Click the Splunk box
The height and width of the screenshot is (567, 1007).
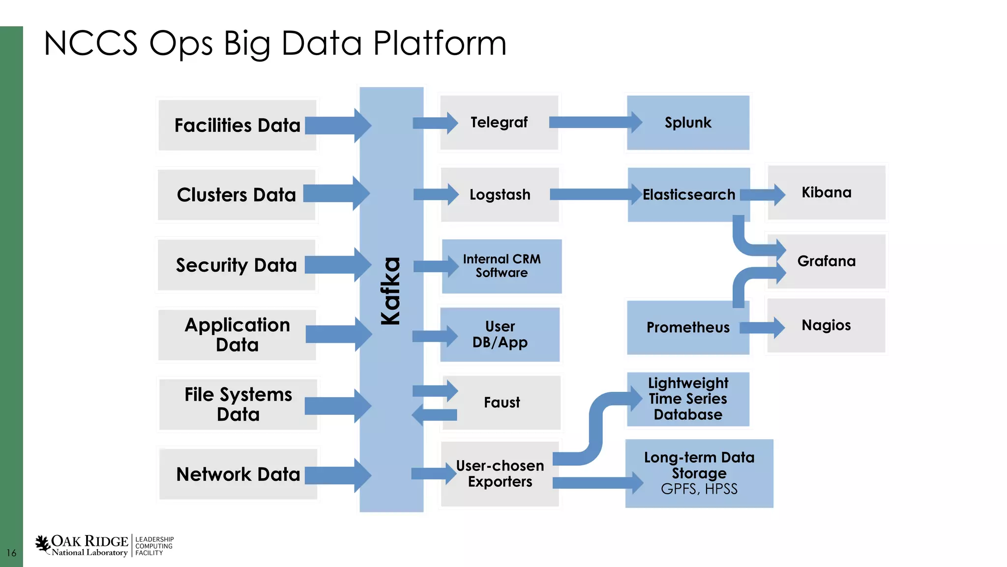pyautogui.click(x=687, y=123)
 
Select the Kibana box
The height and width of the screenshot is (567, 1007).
pyautogui.click(x=827, y=192)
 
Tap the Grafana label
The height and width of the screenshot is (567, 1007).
pyautogui.click(x=827, y=261)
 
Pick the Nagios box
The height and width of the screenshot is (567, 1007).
pyautogui.click(x=827, y=325)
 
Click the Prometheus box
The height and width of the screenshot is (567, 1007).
pyautogui.click(x=687, y=328)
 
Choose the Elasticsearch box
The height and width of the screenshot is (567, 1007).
pyautogui.click(x=688, y=195)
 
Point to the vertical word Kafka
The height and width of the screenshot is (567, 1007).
pyautogui.click(x=391, y=291)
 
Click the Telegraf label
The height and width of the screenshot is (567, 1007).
pyautogui.click(x=499, y=122)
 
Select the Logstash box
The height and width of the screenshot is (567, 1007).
pyautogui.click(x=500, y=195)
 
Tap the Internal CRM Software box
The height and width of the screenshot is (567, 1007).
pyautogui.click(x=502, y=266)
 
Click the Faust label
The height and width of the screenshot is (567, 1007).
pyautogui.click(x=502, y=403)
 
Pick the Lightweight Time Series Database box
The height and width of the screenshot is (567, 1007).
pyautogui.click(x=687, y=399)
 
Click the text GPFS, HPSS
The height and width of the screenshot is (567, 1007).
pyautogui.click(x=699, y=489)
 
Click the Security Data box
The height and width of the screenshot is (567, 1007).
pyautogui.click(x=237, y=265)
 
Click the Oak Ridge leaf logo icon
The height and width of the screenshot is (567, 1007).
pyautogui.click(x=43, y=543)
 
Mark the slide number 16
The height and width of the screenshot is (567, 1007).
pyautogui.click(x=11, y=553)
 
